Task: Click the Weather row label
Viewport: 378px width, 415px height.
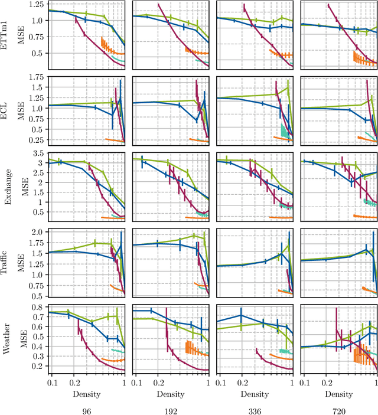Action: pyautogui.click(x=7, y=337)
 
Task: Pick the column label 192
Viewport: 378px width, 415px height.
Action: pyautogui.click(x=170, y=408)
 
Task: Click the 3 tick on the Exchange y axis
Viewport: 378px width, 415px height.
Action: pyautogui.click(x=42, y=162)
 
